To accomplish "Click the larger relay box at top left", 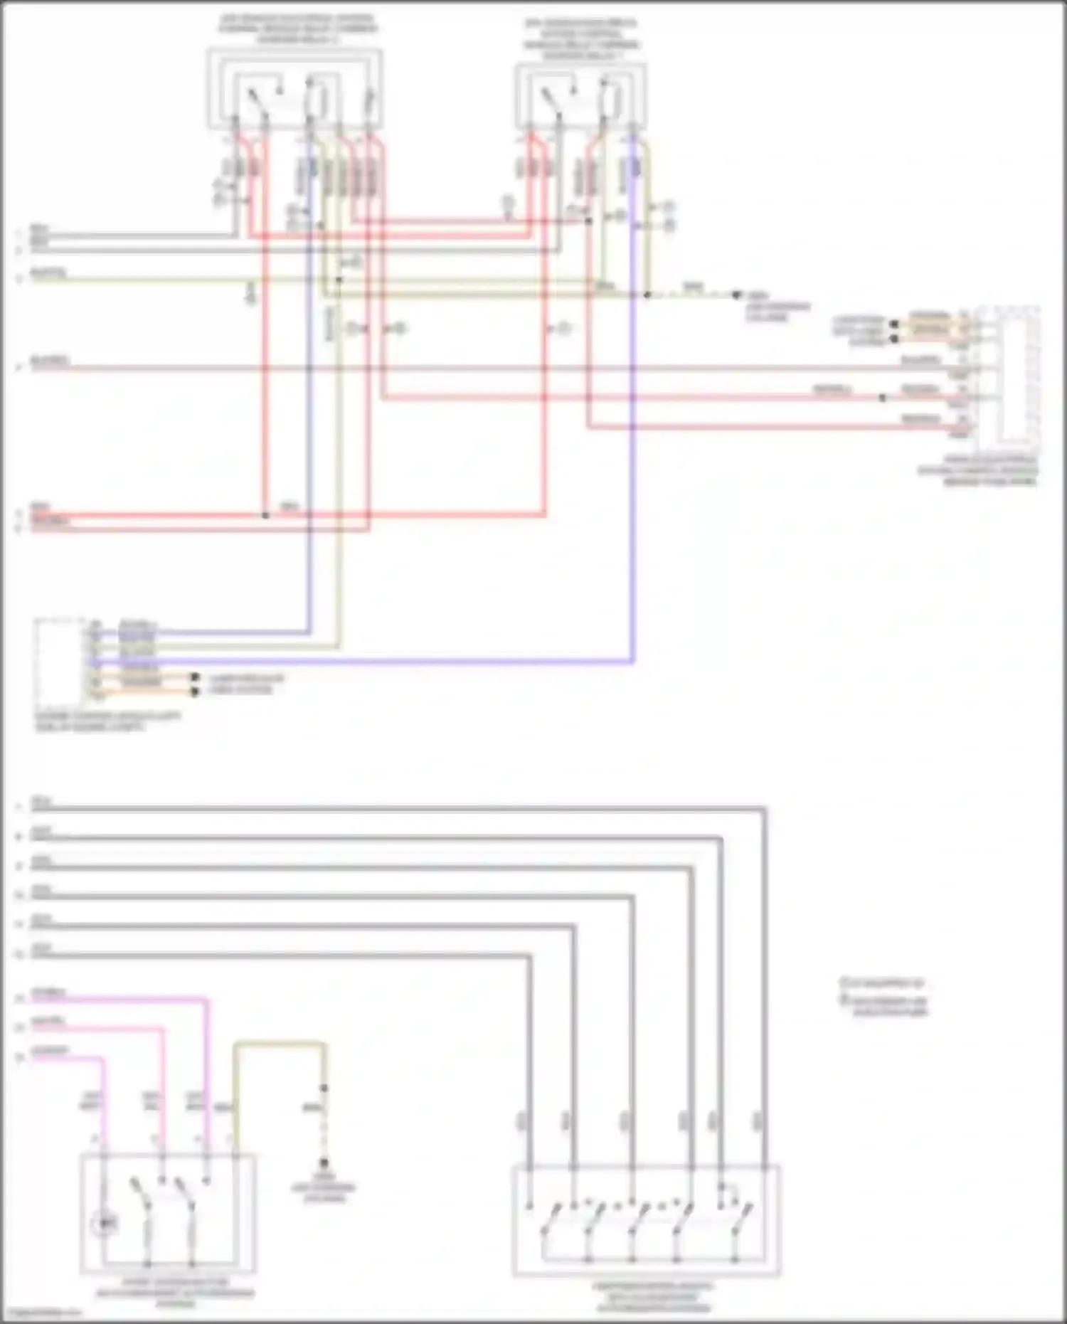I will (x=294, y=90).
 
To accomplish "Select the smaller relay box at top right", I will (x=581, y=97).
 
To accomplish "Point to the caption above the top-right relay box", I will (x=581, y=39).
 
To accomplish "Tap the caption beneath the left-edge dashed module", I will (x=107, y=722).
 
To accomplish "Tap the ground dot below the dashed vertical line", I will (x=324, y=1164).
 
